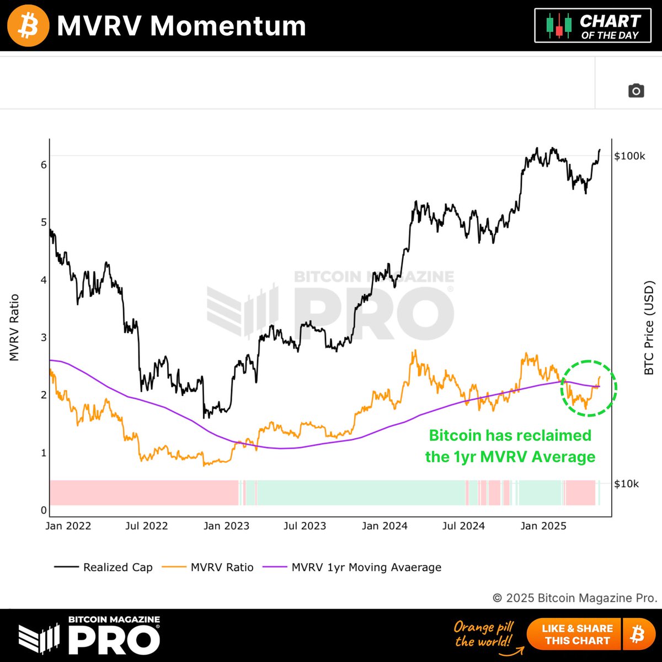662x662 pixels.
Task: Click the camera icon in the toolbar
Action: pos(636,90)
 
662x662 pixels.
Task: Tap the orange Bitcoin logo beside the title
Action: pos(28,25)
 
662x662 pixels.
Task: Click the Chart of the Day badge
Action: pos(592,26)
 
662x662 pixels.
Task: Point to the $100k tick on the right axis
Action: pos(629,156)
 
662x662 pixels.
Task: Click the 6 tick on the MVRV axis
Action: pos(44,165)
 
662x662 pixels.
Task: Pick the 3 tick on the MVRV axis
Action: pos(44,338)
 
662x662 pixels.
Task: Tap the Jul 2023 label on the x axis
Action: pos(305,526)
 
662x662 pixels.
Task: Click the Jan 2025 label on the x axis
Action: pos(543,526)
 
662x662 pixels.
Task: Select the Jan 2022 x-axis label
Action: pos(68,526)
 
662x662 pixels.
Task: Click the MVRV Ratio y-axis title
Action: pos(14,328)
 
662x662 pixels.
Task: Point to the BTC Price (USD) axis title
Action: pos(649,328)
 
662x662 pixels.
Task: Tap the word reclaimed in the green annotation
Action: pos(556,435)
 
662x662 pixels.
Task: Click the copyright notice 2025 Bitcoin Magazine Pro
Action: pos(575,598)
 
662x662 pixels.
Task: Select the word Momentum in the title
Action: pos(228,25)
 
